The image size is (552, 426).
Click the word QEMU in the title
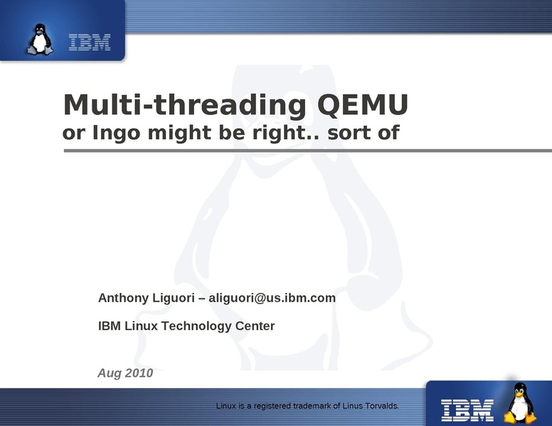[x=363, y=105]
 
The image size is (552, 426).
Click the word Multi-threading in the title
[x=185, y=105]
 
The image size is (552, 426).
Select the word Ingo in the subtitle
[x=116, y=133]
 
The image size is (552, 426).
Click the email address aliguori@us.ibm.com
[x=272, y=298]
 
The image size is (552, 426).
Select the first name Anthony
[x=123, y=298]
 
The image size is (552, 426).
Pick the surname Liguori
[x=173, y=298]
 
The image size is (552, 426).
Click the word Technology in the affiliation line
[x=196, y=326]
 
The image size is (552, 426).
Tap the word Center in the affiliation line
[x=255, y=326]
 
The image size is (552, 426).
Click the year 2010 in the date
[x=139, y=373]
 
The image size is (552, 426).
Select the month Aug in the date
[x=110, y=373]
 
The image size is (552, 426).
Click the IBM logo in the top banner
[x=90, y=42]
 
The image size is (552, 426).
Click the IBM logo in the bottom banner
[x=467, y=410]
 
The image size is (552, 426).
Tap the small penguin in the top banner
[x=41, y=39]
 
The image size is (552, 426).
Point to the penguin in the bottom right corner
[x=520, y=403]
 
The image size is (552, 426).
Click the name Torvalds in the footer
[x=382, y=406]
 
